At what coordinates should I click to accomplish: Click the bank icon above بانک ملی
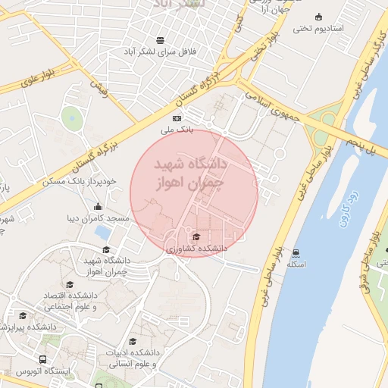(x=177, y=118)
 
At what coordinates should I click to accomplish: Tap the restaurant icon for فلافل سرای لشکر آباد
(x=160, y=40)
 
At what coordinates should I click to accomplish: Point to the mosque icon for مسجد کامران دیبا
(x=97, y=207)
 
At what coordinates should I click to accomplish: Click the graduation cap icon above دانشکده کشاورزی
(x=197, y=237)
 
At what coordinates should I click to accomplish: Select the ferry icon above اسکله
(x=296, y=253)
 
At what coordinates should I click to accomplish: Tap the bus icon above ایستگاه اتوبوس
(x=43, y=359)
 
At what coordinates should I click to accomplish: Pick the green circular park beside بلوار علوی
(x=72, y=117)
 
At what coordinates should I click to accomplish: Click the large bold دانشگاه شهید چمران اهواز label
(x=190, y=174)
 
